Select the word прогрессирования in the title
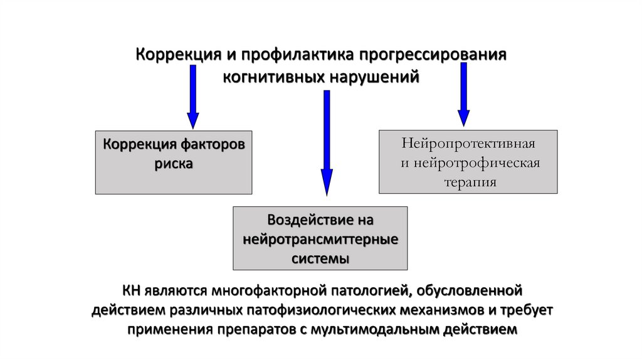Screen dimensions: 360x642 tap(433, 55)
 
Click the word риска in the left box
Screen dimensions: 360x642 tap(174, 164)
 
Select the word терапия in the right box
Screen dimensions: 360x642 tap(468, 183)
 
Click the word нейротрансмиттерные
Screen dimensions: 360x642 tap(320, 240)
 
